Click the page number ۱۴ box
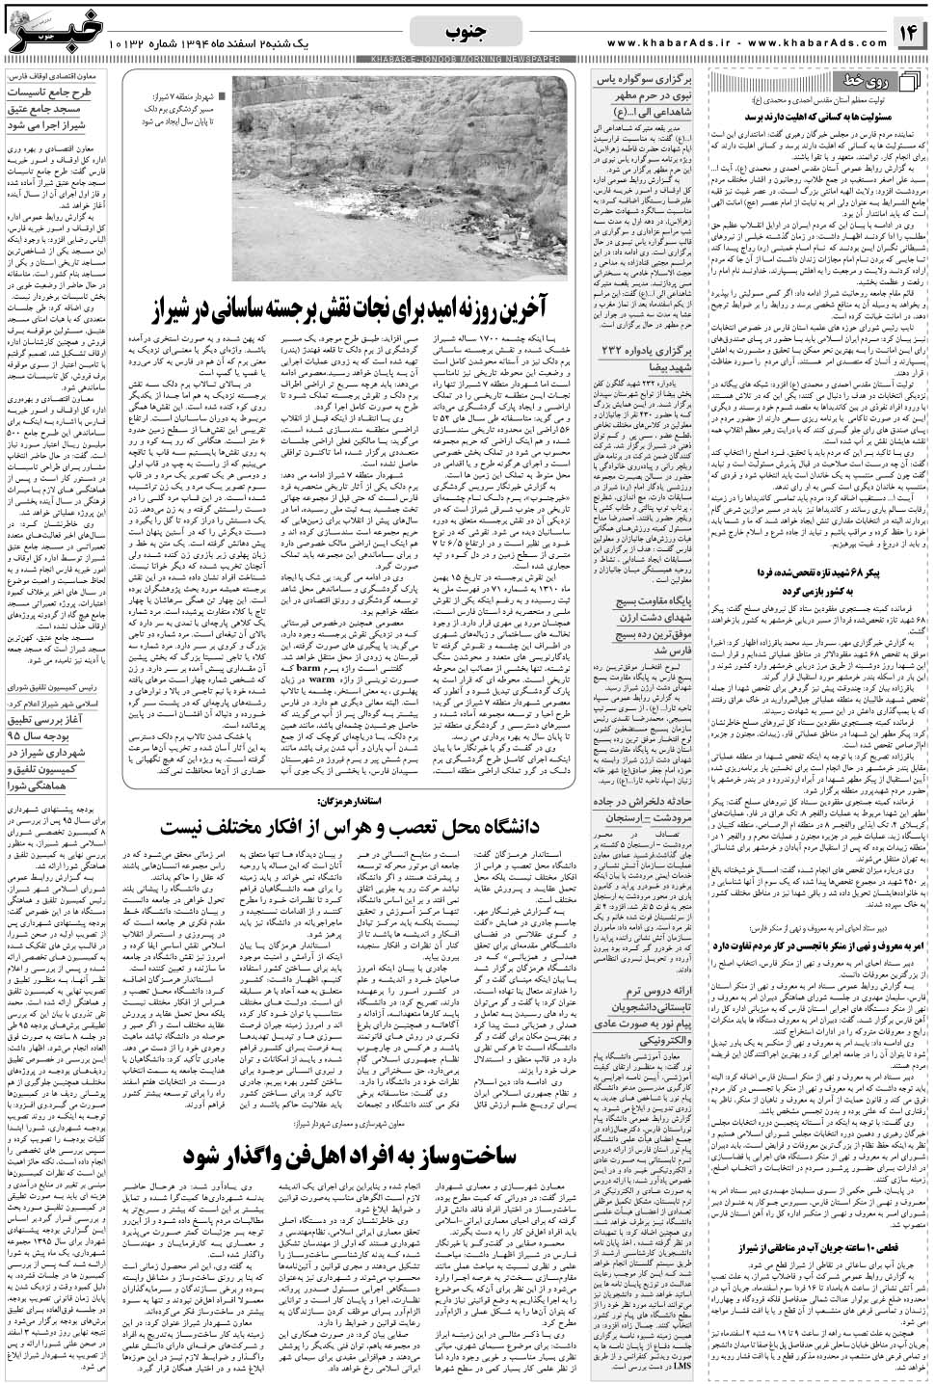tap(910, 33)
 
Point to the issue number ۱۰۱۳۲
tap(129, 43)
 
